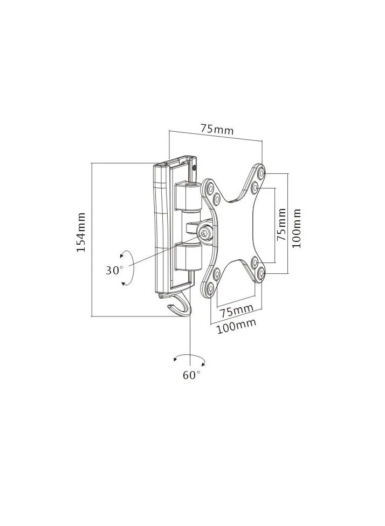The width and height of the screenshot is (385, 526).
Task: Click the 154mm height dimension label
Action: tap(81, 232)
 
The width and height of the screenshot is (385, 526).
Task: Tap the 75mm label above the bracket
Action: tap(217, 129)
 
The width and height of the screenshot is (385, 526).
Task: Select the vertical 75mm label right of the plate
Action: tap(282, 224)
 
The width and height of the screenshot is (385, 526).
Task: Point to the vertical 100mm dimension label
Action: tap(296, 228)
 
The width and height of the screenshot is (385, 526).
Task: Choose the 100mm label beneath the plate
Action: tap(237, 326)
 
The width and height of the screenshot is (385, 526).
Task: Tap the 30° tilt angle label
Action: tap(114, 269)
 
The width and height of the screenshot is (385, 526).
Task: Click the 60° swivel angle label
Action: tap(191, 375)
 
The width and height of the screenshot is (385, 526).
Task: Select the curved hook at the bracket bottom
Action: tap(180, 306)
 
